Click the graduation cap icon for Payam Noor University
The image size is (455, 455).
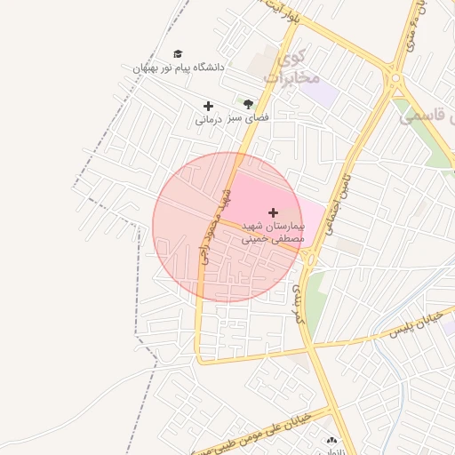point(178,54)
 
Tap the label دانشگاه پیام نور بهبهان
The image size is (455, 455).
point(179,68)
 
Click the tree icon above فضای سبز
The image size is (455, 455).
point(248,104)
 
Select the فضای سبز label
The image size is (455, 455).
point(250,116)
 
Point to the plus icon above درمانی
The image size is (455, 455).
point(208,106)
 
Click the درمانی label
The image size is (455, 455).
point(207,119)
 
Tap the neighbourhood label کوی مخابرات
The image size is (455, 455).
point(297,69)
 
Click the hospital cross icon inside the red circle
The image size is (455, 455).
point(273,212)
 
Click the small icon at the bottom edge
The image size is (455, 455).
point(332,441)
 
